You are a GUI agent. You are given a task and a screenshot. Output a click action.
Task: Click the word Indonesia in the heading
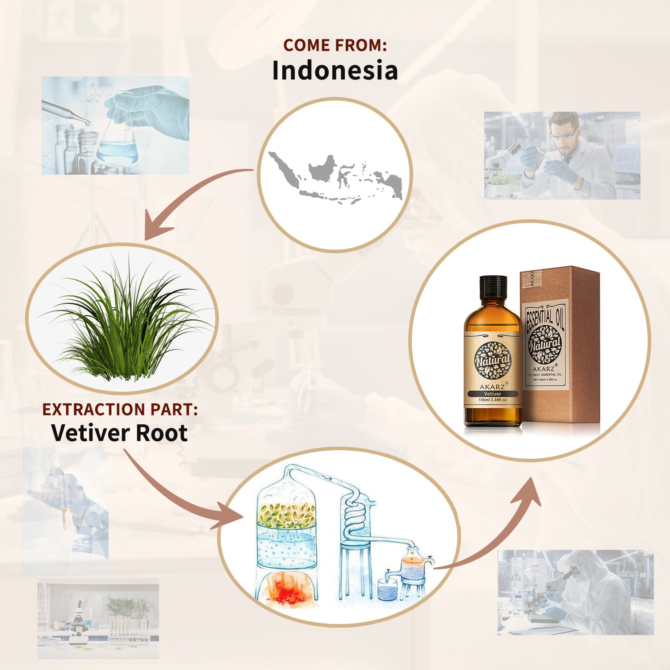(335, 71)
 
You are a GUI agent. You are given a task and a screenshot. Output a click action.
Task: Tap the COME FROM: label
(335, 45)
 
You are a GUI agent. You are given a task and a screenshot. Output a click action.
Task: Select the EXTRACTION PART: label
(120, 409)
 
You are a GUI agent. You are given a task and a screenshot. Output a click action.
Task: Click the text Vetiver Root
(119, 433)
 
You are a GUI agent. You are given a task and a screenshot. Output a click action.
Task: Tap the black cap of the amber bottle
(493, 287)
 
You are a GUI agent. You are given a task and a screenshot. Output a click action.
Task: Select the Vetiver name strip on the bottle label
(493, 394)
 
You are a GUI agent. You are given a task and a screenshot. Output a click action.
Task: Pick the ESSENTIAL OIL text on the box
(545, 318)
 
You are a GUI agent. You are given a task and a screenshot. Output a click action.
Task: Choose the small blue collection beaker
(387, 590)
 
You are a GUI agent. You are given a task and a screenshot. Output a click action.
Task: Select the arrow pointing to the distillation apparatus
(179, 496)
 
